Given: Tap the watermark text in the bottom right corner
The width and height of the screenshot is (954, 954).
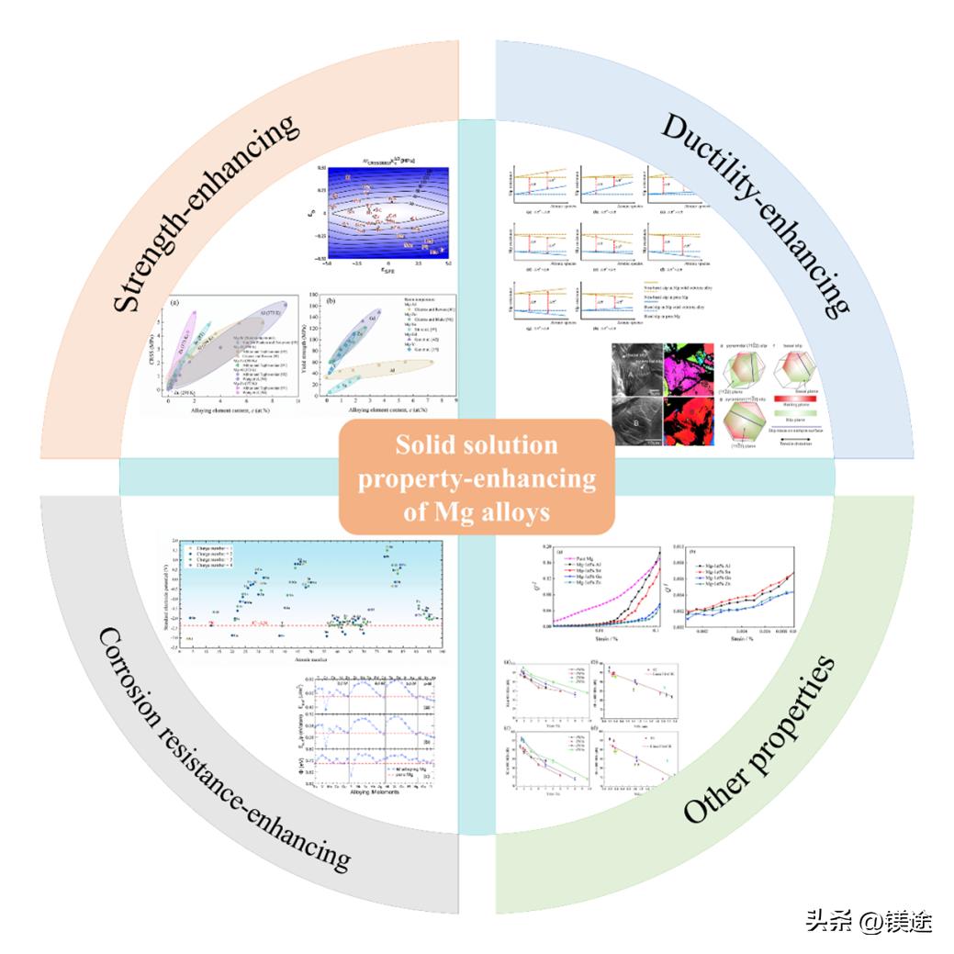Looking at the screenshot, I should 869,919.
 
